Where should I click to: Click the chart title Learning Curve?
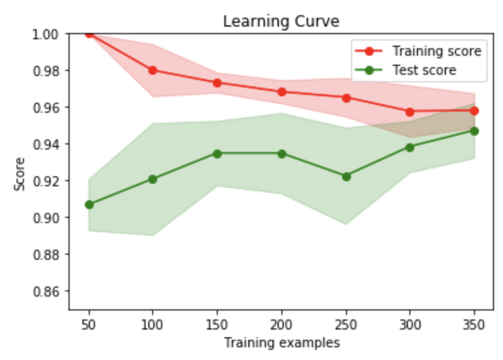click(281, 21)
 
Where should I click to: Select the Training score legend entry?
click(436, 51)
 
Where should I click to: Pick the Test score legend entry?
click(424, 70)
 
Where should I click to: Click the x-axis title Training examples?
click(281, 343)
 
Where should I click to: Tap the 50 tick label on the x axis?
click(89, 325)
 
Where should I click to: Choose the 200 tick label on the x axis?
click(281, 325)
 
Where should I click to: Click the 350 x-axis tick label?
click(474, 325)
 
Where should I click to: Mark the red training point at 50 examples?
click(89, 34)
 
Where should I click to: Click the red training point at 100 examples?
click(153, 70)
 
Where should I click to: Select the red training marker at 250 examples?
click(346, 98)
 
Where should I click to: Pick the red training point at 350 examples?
click(474, 111)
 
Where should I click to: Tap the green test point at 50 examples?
click(89, 205)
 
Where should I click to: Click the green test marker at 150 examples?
click(217, 153)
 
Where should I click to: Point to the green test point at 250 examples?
click(346, 176)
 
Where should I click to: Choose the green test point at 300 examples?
click(410, 147)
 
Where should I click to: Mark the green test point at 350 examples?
click(474, 131)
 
